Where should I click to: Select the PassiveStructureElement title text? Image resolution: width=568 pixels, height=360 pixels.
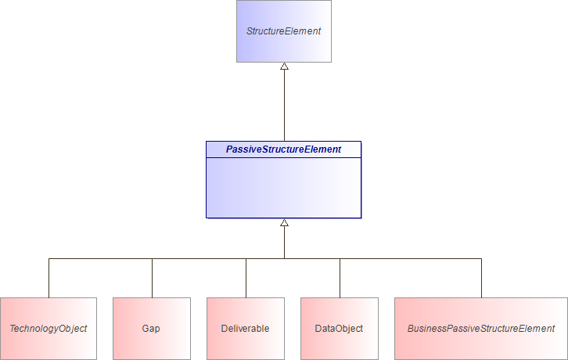point(284,149)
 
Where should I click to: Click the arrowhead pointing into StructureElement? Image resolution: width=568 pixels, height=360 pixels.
point(284,67)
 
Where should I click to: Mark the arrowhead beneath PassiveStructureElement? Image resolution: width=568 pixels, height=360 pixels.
point(284,223)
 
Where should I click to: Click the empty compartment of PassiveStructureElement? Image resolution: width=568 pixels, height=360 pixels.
point(284,187)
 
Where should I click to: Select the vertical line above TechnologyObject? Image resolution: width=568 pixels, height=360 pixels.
point(49,278)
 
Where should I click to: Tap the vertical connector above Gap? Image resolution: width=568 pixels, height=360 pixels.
point(152,278)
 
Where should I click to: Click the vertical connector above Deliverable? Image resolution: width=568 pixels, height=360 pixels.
point(246,278)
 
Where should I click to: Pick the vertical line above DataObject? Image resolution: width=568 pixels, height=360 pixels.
point(340,278)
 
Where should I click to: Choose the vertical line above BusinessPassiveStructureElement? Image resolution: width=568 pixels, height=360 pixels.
point(481,278)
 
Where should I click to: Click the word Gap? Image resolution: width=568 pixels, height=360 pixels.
point(152,329)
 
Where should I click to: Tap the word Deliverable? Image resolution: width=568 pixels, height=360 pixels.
point(246,329)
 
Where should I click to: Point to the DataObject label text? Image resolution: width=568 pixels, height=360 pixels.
point(340,329)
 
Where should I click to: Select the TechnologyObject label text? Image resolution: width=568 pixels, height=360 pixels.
point(49,329)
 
